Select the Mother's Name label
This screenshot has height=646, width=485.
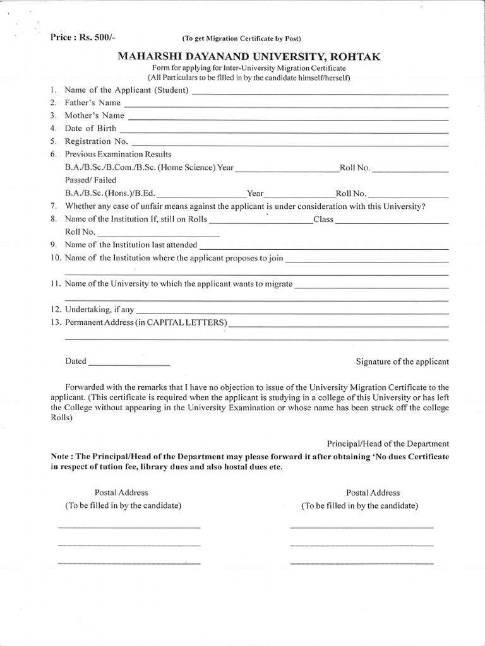tap(95, 115)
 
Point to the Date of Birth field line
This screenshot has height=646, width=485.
tap(285, 131)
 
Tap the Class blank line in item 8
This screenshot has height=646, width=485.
tap(392, 222)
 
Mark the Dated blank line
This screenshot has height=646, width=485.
tap(129, 365)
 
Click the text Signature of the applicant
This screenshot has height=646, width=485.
tap(402, 361)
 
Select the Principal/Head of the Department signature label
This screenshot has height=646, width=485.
tap(388, 444)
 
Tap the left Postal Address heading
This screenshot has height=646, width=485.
tap(121, 493)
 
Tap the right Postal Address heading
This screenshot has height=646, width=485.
tap(373, 493)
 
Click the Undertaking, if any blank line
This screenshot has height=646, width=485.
tap(292, 312)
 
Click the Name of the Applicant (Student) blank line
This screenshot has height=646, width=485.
tap(320, 93)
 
